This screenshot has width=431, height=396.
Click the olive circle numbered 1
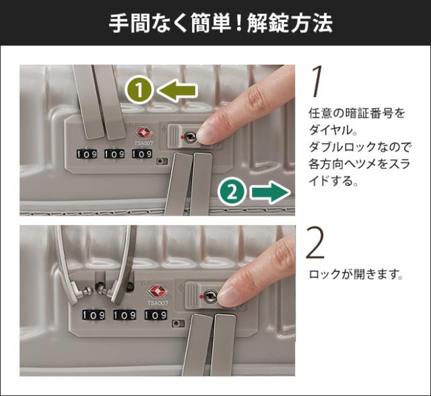[139, 90]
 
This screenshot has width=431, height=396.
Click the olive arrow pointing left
[177, 90]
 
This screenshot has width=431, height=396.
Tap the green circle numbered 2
[232, 192]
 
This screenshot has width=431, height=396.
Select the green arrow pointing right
[270, 193]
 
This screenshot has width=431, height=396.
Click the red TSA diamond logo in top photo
[143, 133]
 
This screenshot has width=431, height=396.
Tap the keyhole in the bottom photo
[211, 296]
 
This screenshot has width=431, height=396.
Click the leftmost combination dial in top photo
[87, 154]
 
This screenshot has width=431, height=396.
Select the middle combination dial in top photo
[114, 154]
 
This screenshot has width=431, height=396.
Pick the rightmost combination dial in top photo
[142, 154]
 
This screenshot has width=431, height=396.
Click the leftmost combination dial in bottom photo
[94, 315]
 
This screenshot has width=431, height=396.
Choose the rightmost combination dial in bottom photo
[156, 315]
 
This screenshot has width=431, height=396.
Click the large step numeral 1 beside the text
[317, 81]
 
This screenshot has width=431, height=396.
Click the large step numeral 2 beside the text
[315, 242]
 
